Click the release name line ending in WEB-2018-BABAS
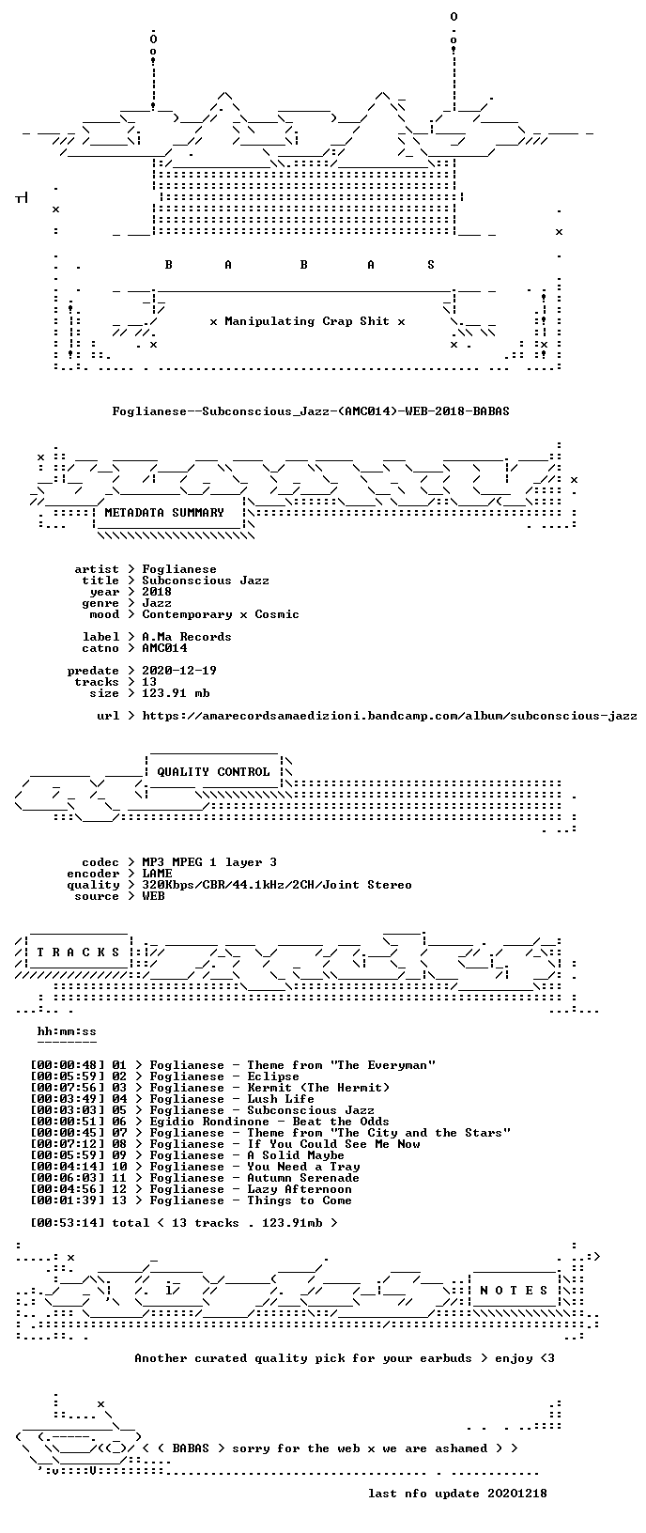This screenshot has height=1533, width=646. (x=311, y=411)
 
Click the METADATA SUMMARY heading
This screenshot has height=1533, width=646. (x=164, y=513)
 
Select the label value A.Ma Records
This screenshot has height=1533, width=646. (x=187, y=637)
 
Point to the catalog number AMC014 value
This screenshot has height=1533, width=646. (x=164, y=648)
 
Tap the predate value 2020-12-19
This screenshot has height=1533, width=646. (x=179, y=671)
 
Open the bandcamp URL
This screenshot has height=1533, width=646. (x=390, y=716)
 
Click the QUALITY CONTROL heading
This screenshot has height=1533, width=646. (x=213, y=772)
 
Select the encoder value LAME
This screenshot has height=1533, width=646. (x=157, y=874)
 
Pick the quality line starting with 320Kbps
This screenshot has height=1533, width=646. (x=276, y=885)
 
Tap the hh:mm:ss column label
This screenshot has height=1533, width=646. (x=67, y=1031)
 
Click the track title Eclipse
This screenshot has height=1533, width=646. (x=273, y=1076)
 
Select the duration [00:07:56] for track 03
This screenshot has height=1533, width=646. (x=68, y=1088)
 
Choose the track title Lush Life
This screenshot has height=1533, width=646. (x=281, y=1099)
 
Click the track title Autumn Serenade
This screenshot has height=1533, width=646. (x=303, y=1178)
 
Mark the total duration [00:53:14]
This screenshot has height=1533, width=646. (x=68, y=1223)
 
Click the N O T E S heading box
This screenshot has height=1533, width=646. (x=514, y=1290)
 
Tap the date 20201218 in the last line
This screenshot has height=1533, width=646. (x=516, y=1494)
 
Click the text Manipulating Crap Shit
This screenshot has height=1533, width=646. (x=307, y=321)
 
